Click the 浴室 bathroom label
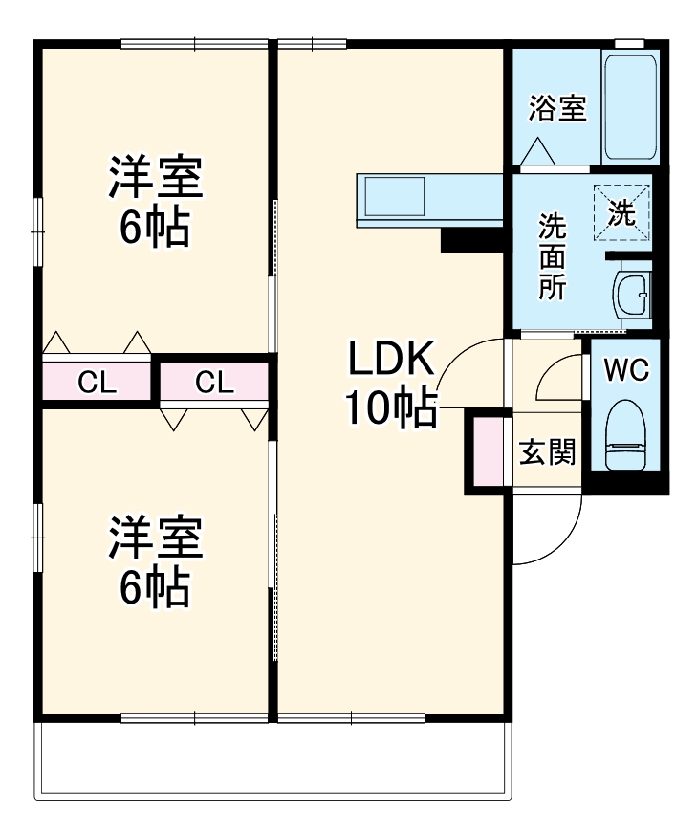(557, 109)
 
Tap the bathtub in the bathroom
(629, 107)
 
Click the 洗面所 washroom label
(552, 256)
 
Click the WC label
(626, 369)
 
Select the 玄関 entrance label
(547, 452)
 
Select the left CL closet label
(97, 383)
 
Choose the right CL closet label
(214, 383)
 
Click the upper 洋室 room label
(154, 177)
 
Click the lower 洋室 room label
(154, 539)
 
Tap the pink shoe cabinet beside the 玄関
(489, 450)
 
